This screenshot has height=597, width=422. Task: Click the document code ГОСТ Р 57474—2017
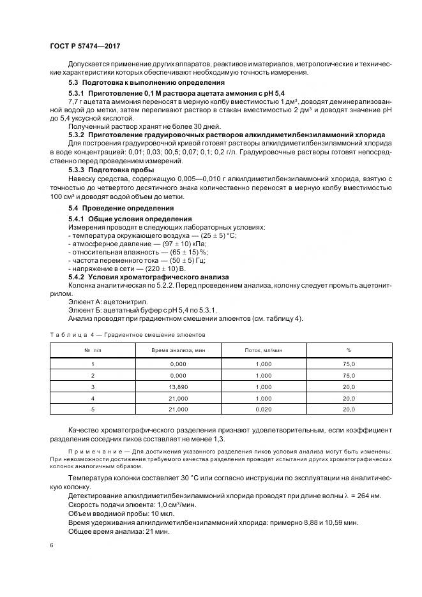[x=85, y=47]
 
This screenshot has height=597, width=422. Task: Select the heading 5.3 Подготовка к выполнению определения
[x=146, y=83]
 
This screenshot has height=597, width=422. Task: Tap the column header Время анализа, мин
[x=179, y=350]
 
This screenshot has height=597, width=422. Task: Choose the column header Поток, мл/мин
[x=264, y=350]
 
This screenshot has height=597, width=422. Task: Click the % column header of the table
[x=349, y=350]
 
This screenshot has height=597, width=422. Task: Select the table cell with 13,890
[x=179, y=387]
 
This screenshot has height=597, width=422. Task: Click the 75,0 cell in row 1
[x=349, y=363]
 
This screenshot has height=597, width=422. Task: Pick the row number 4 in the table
[x=93, y=399]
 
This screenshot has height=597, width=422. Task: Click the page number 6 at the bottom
[x=51, y=546]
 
